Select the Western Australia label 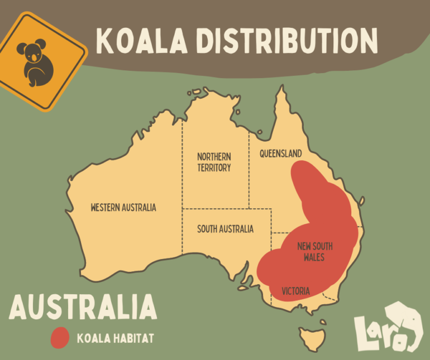[123, 208]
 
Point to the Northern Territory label [214, 162]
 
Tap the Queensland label [280, 153]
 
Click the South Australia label [225, 229]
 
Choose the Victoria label [295, 291]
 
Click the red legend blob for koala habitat [60, 338]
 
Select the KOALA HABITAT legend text [114, 338]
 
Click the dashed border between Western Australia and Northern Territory [182, 167]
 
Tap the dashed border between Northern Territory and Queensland [249, 167]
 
